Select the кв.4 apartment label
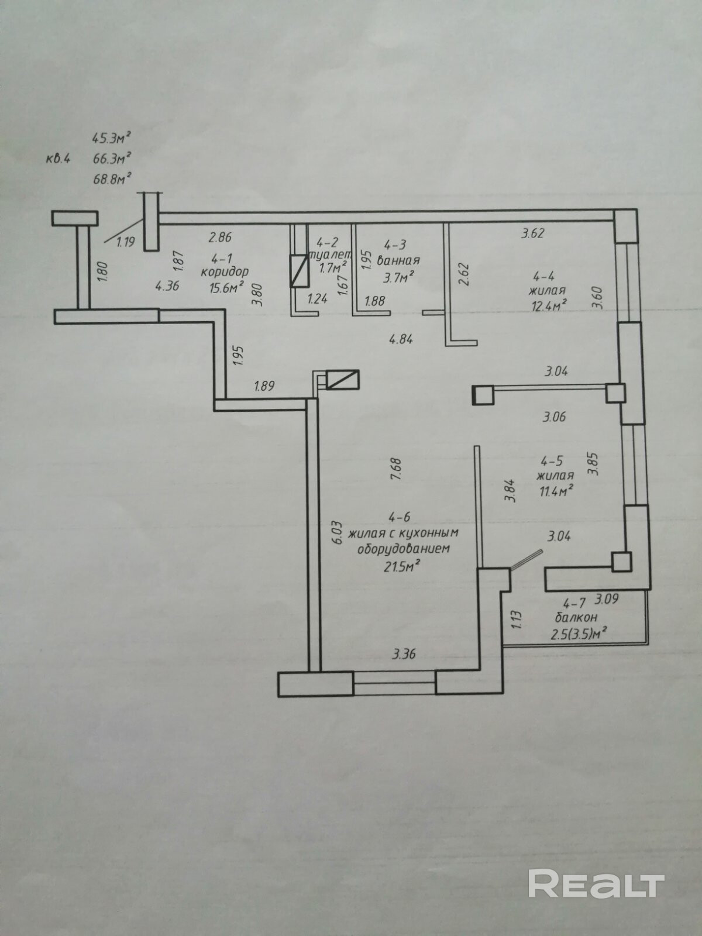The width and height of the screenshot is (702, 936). pos(58,158)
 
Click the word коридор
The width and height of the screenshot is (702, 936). pos(225,271)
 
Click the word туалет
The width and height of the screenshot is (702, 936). pos(333,255)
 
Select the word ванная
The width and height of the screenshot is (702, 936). pos(398,260)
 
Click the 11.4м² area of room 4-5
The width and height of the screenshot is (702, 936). pos(555,490)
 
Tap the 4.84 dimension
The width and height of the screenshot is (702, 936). pos(401,338)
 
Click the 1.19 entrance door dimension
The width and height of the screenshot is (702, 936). pos(125,242)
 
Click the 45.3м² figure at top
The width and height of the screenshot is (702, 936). pos(111,139)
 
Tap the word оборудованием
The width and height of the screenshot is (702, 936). pos(403,549)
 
